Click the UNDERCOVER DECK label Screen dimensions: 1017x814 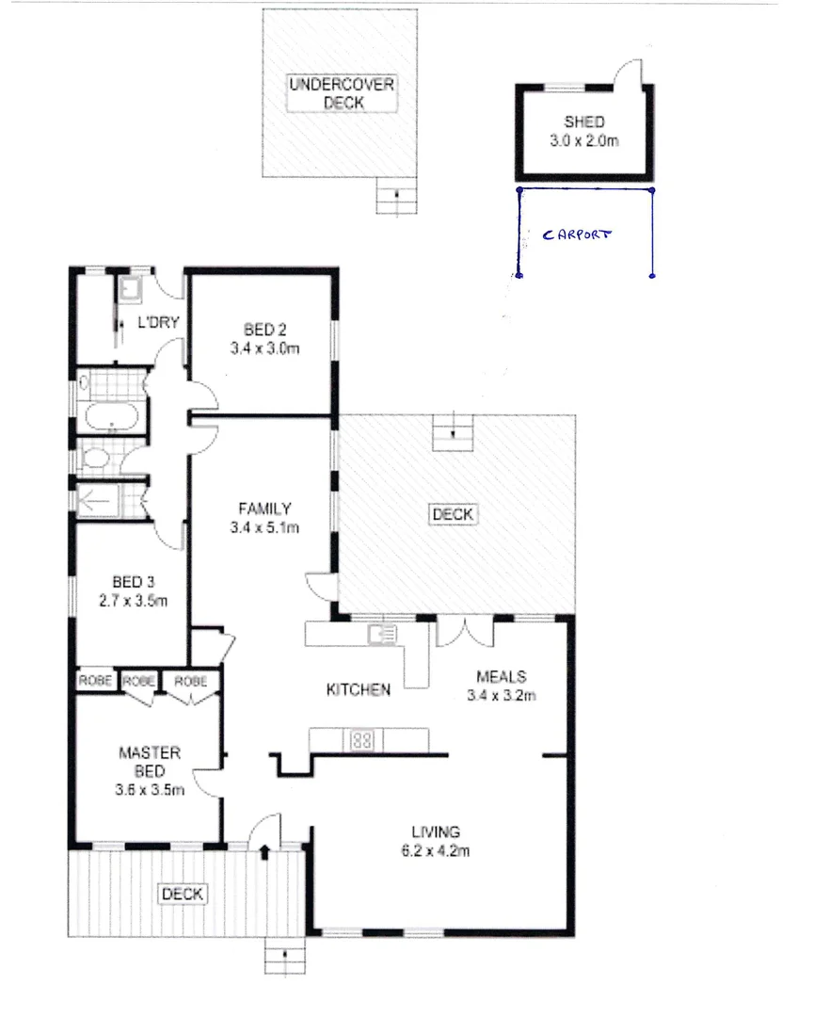coord(342,93)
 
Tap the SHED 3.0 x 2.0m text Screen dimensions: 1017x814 coord(583,131)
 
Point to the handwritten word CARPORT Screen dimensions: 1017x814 coord(577,234)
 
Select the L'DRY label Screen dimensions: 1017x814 coord(159,322)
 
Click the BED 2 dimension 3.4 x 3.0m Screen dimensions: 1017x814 coord(264,347)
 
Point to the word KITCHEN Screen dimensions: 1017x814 coord(358,690)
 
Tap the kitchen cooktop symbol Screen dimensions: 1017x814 coord(363,740)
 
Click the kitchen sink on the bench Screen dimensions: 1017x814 coord(384,633)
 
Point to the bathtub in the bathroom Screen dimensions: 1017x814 coord(110,415)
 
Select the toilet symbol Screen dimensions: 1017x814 coord(97,460)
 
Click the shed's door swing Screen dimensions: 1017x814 coord(626,72)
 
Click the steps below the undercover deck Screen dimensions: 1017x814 coord(395,196)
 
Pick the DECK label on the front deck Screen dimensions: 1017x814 coord(183,894)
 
